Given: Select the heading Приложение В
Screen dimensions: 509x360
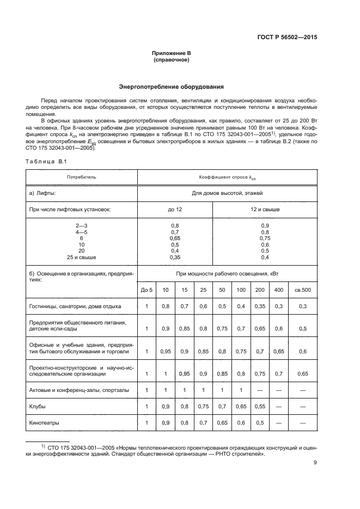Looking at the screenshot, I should pyautogui.click(x=172, y=53).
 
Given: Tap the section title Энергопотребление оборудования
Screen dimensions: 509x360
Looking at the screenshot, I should pyautogui.click(x=171, y=87).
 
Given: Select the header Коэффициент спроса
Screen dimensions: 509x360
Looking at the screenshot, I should pyautogui.click(x=227, y=177).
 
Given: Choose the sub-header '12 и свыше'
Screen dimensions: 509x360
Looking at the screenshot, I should pyautogui.click(x=265, y=210).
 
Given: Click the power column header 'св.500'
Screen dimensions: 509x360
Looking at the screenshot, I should pyautogui.click(x=303, y=290).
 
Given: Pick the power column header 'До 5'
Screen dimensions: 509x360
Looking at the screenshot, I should pyautogui.click(x=147, y=290).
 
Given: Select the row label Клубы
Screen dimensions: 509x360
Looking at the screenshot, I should pyautogui.click(x=38, y=407).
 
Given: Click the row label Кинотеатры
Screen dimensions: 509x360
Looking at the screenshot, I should pyautogui.click(x=45, y=422).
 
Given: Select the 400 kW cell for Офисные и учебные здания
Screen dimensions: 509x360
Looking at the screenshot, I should pyautogui.click(x=279, y=352).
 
